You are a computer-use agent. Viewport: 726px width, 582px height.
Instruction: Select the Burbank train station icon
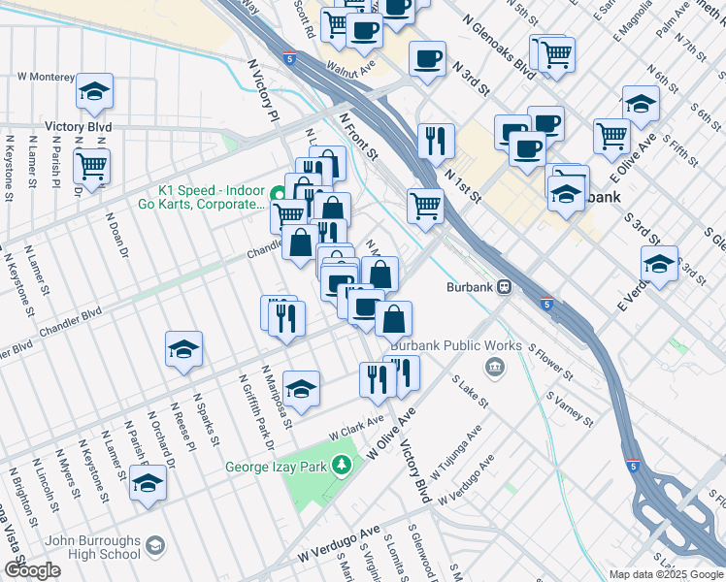[505, 287]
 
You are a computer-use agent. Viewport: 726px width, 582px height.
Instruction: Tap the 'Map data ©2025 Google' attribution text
[666, 574]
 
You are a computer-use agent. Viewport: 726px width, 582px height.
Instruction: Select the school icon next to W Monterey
[94, 92]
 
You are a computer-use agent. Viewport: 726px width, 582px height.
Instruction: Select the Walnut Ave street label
[350, 71]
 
